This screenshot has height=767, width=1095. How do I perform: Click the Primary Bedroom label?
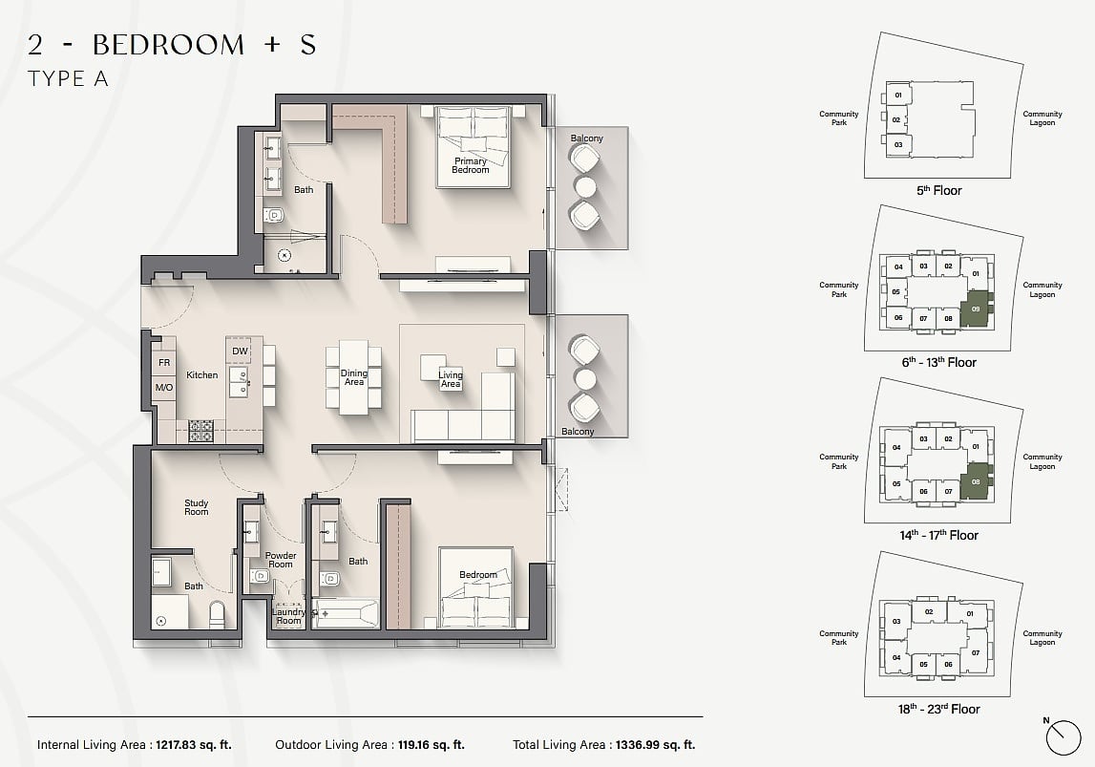pyautogui.click(x=470, y=165)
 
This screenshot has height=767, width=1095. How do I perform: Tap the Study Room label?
pyautogui.click(x=197, y=507)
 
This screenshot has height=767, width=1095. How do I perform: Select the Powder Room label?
pyautogui.click(x=281, y=560)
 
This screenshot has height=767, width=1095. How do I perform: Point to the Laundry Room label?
pyautogui.click(x=288, y=616)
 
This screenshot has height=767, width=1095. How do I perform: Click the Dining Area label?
pyautogui.click(x=354, y=377)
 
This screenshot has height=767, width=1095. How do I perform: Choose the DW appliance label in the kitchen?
pyautogui.click(x=240, y=351)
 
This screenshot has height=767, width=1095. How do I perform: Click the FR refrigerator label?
pyautogui.click(x=164, y=363)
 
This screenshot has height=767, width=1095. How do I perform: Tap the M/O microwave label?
pyautogui.click(x=164, y=387)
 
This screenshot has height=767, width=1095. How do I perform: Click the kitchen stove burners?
pyautogui.click(x=201, y=431)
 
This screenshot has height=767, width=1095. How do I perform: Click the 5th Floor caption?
pyautogui.click(x=939, y=190)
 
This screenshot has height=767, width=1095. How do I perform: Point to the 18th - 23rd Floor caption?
pyautogui.click(x=939, y=709)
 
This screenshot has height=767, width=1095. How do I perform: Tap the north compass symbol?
pyautogui.click(x=1063, y=737)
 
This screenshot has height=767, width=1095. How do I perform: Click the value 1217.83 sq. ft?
pyautogui.click(x=194, y=745)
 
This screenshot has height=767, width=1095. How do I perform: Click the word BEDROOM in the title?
pyautogui.click(x=168, y=45)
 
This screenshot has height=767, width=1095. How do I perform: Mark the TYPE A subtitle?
pyautogui.click(x=68, y=79)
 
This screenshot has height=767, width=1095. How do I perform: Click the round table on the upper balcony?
pyautogui.click(x=585, y=187)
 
